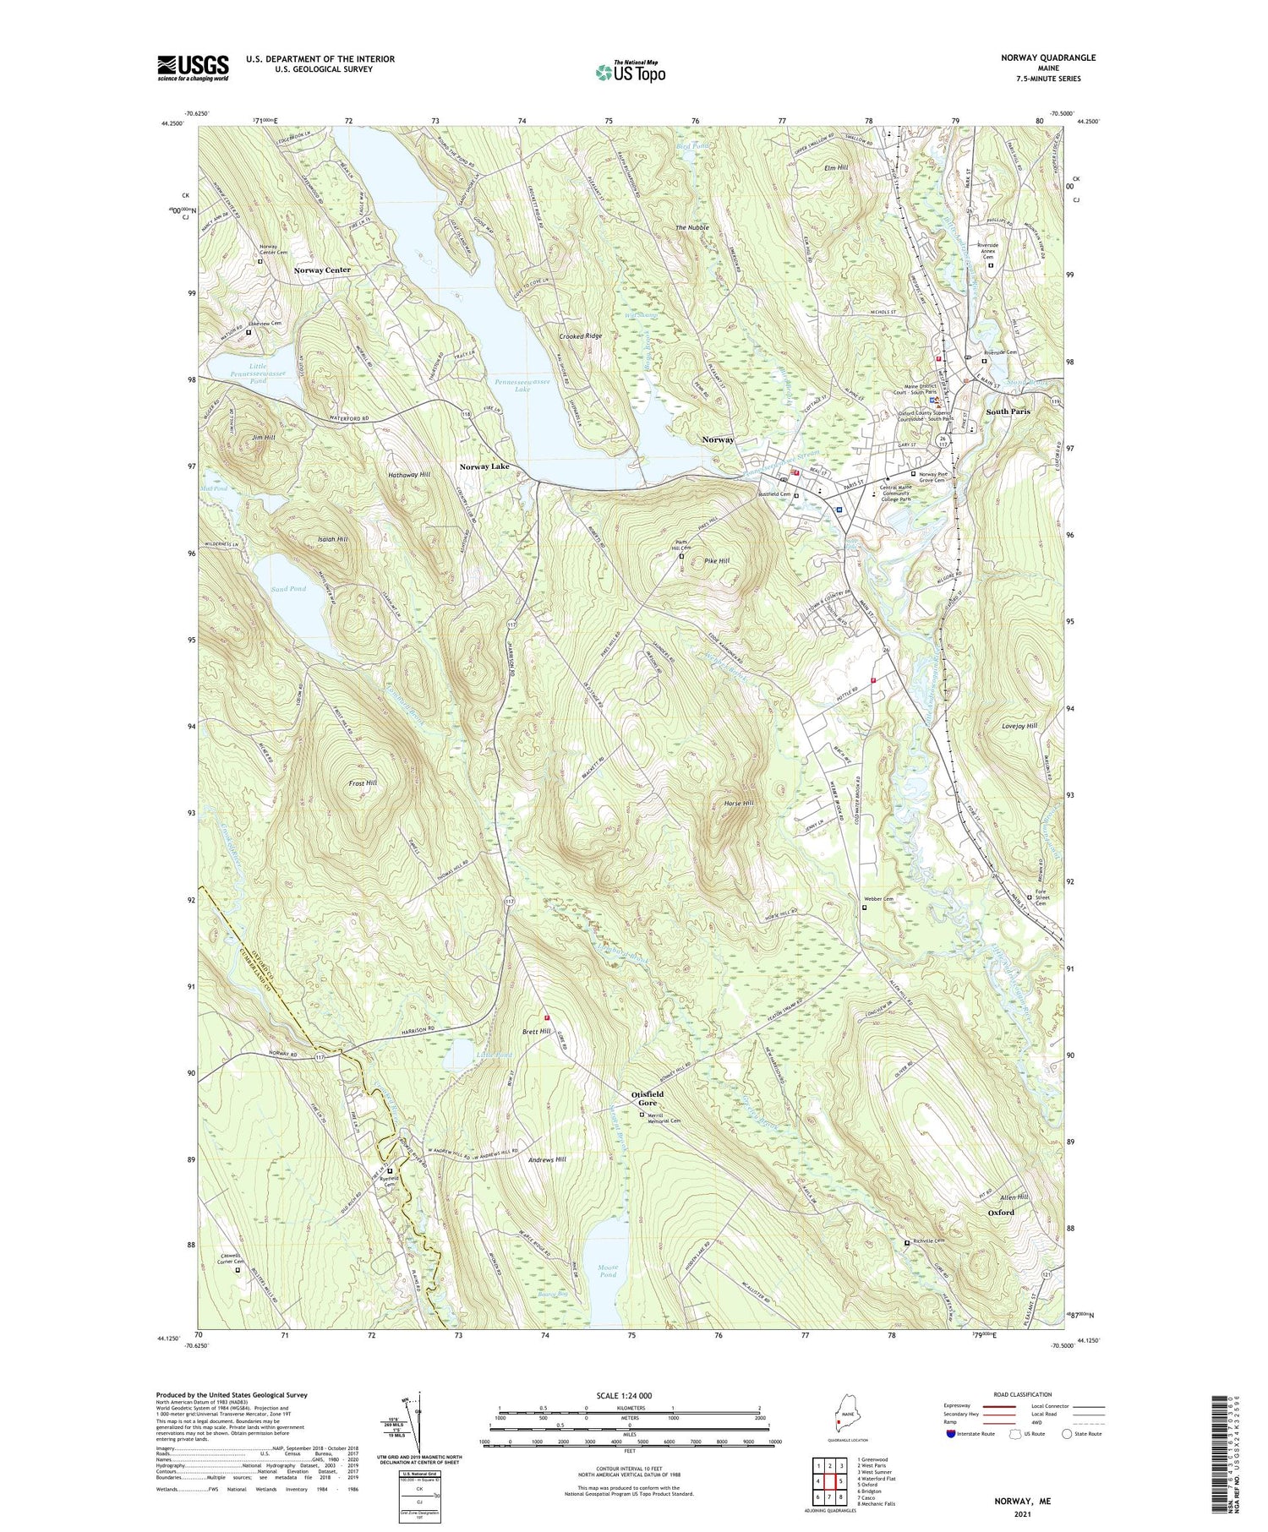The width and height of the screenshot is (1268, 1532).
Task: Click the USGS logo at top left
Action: (x=193, y=68)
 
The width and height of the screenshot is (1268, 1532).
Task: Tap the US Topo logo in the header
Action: (x=630, y=72)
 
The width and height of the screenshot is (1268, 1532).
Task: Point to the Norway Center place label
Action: (x=322, y=270)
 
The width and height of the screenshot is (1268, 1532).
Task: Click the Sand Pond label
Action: (x=289, y=588)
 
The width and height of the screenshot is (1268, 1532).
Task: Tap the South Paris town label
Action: (x=1008, y=412)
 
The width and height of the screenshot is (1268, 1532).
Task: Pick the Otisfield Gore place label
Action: (x=648, y=1098)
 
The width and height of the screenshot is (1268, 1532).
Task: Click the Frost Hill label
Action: (x=363, y=783)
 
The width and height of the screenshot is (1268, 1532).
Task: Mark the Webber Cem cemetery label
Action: (x=879, y=899)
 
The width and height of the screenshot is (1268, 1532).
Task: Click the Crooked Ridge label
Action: (x=581, y=336)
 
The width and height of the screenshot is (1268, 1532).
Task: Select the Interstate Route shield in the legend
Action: (x=951, y=1433)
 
